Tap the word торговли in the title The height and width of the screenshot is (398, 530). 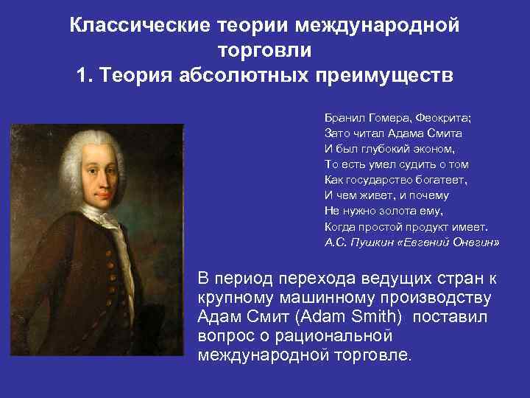(x=265, y=50)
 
